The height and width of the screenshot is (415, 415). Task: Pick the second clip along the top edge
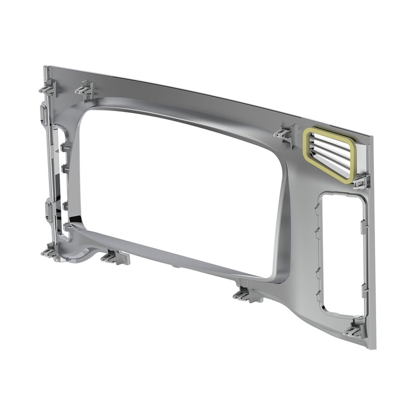tap(86, 90)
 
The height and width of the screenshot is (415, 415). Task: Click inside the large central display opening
tap(176, 187)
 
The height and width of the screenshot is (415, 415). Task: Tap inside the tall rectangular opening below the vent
tap(342, 254)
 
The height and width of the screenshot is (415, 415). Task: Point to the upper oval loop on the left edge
tap(44, 114)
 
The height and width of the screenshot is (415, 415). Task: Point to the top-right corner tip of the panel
tap(371, 137)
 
